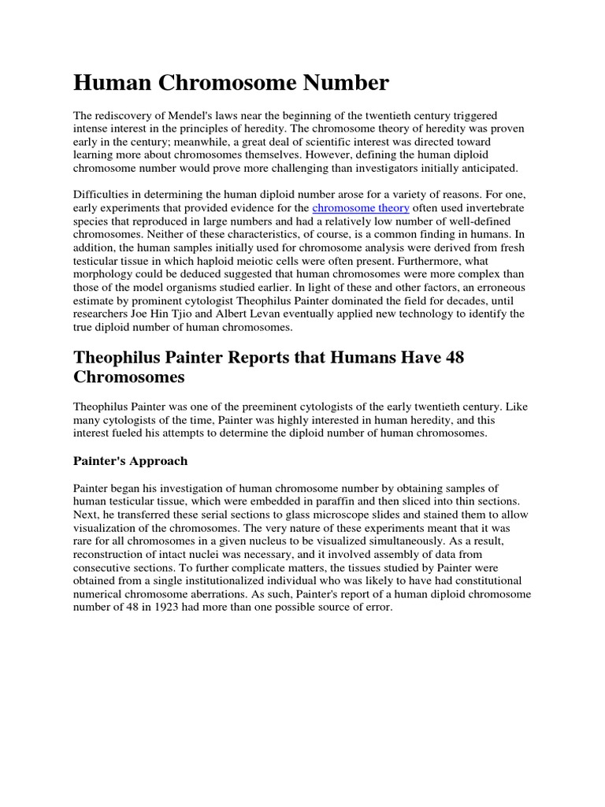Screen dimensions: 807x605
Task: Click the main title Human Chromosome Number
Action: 231,82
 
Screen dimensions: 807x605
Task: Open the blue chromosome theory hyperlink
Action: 361,208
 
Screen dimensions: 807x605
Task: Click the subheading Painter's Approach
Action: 130,460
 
